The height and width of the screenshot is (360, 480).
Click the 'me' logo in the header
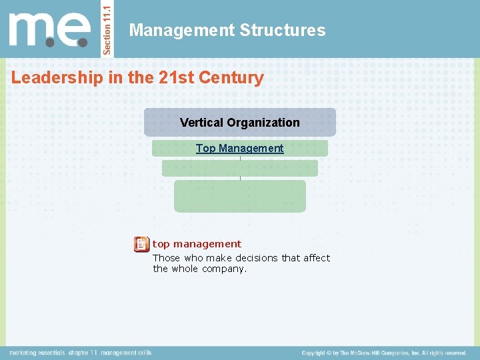(50, 31)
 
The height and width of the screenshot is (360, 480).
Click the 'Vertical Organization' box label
(240, 123)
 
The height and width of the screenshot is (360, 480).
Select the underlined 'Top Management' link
(240, 149)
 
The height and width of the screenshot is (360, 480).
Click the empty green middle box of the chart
(240, 169)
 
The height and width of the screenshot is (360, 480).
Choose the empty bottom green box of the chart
(240, 196)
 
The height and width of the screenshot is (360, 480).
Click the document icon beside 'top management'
(141, 244)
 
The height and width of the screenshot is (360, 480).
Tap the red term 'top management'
(197, 244)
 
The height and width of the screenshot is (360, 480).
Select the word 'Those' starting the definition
(167, 258)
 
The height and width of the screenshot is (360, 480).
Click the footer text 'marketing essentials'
(37, 353)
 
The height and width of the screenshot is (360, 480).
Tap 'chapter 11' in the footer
(83, 353)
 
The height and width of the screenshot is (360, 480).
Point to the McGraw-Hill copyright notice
(384, 353)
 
